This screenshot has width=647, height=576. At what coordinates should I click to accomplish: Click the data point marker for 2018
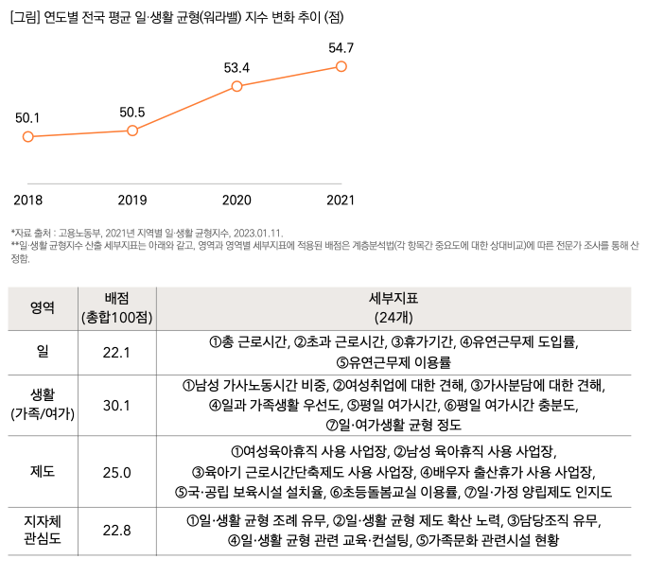coord(28,137)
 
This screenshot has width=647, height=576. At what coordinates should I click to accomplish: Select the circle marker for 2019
coord(132,130)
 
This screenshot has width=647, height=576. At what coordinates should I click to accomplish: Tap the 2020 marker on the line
coord(236,86)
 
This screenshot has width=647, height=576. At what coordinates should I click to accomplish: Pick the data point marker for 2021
coord(341,66)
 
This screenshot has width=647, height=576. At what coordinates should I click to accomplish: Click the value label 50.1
coord(28,118)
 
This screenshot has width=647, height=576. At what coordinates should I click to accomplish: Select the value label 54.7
coord(341,47)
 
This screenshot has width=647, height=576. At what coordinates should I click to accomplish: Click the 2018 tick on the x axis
coord(28,200)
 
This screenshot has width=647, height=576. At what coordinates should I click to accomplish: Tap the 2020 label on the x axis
coord(236,200)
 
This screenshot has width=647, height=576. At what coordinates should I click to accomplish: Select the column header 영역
coord(42,306)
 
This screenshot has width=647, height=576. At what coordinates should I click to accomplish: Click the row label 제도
coord(42,472)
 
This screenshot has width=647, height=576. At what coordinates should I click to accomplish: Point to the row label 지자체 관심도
coord(42,530)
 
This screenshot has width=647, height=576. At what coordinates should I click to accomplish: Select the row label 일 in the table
coord(42,352)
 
